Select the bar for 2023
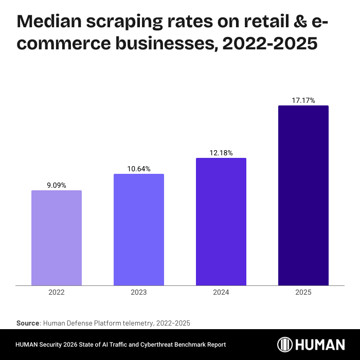[x=139, y=229]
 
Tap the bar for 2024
[x=221, y=221]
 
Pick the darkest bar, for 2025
[x=303, y=195]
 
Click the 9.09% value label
[x=57, y=185]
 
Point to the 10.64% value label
[x=139, y=169]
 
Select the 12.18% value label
[x=221, y=153]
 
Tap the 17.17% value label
[x=303, y=100]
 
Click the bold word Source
[x=28, y=323]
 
